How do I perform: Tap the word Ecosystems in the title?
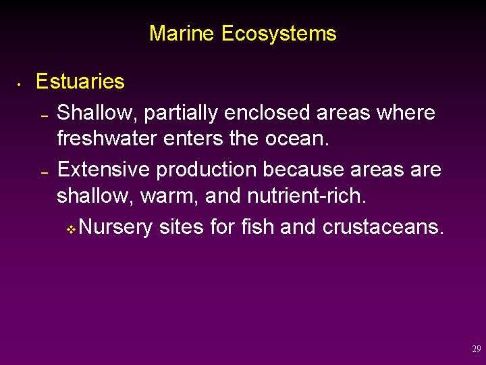point(278,33)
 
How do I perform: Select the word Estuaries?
point(80,82)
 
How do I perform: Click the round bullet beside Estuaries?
point(20,85)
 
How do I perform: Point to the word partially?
point(175,112)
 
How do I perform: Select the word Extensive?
point(104,169)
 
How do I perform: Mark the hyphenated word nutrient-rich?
point(306,196)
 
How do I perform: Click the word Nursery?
point(115,227)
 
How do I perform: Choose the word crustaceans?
point(383,227)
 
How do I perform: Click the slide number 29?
point(476,349)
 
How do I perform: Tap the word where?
point(407,112)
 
